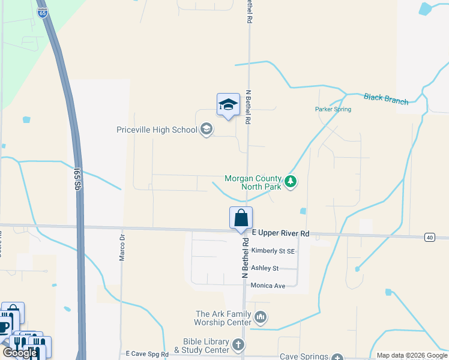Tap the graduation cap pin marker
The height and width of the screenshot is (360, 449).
coord(228,105)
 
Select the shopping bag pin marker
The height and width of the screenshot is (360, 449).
coord(241,218)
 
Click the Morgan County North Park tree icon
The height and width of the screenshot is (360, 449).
coord(291,181)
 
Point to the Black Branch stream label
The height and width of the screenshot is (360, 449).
coord(386,99)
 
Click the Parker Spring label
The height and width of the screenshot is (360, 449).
coord(333,109)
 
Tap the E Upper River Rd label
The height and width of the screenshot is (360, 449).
coord(280,233)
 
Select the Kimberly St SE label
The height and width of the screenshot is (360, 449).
coord(273,251)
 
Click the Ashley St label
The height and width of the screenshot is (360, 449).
coord(265,268)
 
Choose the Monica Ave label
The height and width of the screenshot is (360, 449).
coord(268,286)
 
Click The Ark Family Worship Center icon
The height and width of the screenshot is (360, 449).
coord(261,317)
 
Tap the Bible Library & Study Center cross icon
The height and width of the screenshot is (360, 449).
coord(238,344)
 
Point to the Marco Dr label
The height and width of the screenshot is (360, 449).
coord(122,246)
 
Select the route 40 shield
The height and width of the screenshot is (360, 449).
coord(429,238)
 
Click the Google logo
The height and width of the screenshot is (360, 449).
coord(20,353)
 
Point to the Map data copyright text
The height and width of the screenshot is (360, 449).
coord(411,355)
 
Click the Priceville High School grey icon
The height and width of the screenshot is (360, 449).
coord(206,130)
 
